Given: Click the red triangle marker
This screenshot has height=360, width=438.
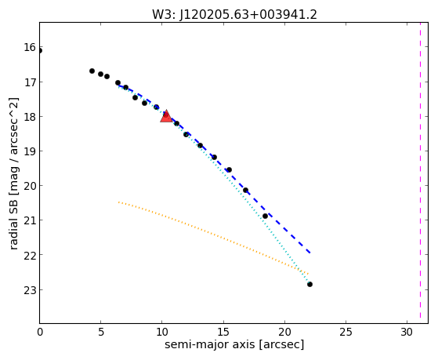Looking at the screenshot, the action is [x=166, y=116].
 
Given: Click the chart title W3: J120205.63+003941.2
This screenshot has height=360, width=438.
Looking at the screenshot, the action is [x=234, y=15].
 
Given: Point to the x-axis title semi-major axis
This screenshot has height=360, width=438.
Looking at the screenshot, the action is [x=234, y=344].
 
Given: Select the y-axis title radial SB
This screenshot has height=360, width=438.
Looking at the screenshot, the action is [x=13, y=173].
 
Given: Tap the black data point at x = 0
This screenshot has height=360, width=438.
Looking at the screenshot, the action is [x=40, y=51].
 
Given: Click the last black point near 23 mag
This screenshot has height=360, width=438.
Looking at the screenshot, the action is [x=309, y=284].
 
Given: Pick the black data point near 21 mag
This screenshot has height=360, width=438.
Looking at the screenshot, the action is [x=265, y=216].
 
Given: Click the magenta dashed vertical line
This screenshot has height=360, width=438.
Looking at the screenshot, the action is [x=420, y=173].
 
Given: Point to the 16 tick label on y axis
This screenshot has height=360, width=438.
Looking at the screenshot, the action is [x=30, y=47].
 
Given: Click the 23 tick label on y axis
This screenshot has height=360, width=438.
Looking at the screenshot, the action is [x=30, y=290].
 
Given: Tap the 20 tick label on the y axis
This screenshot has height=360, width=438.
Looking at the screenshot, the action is [x=30, y=185].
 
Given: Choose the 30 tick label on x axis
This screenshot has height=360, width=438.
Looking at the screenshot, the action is [x=407, y=332].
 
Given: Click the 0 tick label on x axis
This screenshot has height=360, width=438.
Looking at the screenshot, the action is [x=40, y=332].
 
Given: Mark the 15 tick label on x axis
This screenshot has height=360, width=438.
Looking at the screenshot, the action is [x=223, y=332].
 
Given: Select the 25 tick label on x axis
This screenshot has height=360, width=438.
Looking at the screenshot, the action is [x=346, y=332].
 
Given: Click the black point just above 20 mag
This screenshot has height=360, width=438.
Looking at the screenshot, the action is [x=245, y=191].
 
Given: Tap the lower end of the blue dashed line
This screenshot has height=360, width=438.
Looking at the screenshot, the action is [x=309, y=253].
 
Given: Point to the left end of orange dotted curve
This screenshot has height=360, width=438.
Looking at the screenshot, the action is [x=118, y=202].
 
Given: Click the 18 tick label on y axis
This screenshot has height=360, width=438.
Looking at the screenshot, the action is [x=30, y=116].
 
